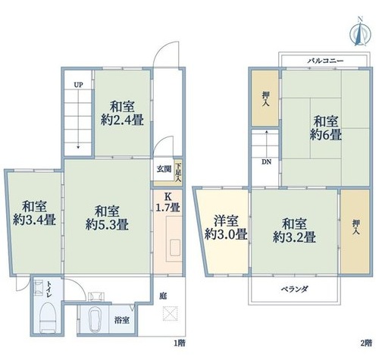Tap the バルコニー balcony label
click(x=325, y=61)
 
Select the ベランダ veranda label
click(x=295, y=289)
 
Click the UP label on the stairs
click(x=78, y=85)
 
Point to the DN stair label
click(x=266, y=162)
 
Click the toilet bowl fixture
click(x=48, y=317)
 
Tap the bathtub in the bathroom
click(x=95, y=319)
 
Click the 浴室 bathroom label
click(x=122, y=321)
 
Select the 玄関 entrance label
click(x=164, y=169)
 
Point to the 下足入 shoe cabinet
click(x=178, y=173)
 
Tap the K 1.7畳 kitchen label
click(x=168, y=202)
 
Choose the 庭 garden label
click(x=163, y=296)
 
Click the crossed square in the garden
click(x=170, y=314)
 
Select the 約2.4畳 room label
click(x=122, y=121)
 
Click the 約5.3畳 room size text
click(x=107, y=225)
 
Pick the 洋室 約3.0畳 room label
click(x=226, y=228)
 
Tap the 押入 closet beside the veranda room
click(x=356, y=231)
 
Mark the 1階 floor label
click(x=180, y=343)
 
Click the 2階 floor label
click(x=366, y=343)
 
